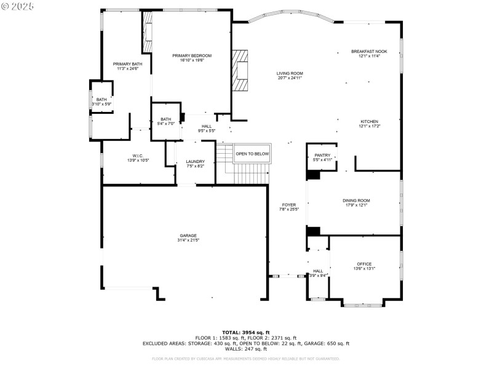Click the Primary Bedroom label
click(x=191, y=55)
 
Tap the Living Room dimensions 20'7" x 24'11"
click(x=290, y=78)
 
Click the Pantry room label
click(x=322, y=155)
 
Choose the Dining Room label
click(x=356, y=200)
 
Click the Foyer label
click(x=288, y=204)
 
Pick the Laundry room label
click(x=195, y=161)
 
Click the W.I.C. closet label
click(x=137, y=156)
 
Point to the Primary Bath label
click(x=127, y=64)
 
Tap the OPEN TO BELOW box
click(x=252, y=154)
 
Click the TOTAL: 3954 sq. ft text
click(x=245, y=332)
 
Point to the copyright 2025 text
click(x=18, y=6)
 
